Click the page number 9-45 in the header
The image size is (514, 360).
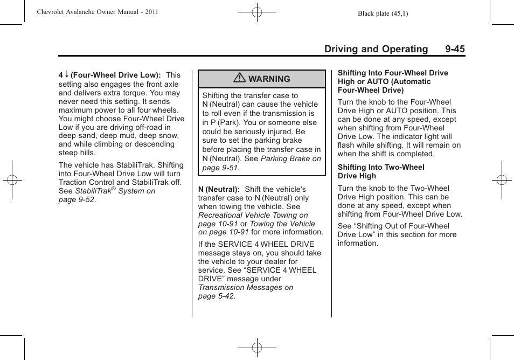click(x=455, y=49)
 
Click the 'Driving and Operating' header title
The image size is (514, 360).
click(x=376, y=49)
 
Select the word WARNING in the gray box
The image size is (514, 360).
click(x=269, y=79)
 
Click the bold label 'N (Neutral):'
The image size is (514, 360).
click(x=219, y=189)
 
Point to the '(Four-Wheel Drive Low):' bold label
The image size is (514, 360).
click(x=116, y=75)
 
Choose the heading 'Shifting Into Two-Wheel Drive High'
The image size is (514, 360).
click(x=381, y=171)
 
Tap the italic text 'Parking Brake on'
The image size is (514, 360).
click(x=290, y=158)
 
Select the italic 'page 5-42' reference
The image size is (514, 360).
click(x=216, y=296)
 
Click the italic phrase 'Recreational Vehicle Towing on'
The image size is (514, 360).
click(x=253, y=215)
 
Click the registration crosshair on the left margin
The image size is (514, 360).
click(x=12, y=180)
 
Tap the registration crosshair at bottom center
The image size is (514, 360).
click(x=257, y=348)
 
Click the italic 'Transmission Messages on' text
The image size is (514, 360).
click(x=246, y=287)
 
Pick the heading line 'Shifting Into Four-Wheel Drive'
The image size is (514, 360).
click(x=393, y=73)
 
